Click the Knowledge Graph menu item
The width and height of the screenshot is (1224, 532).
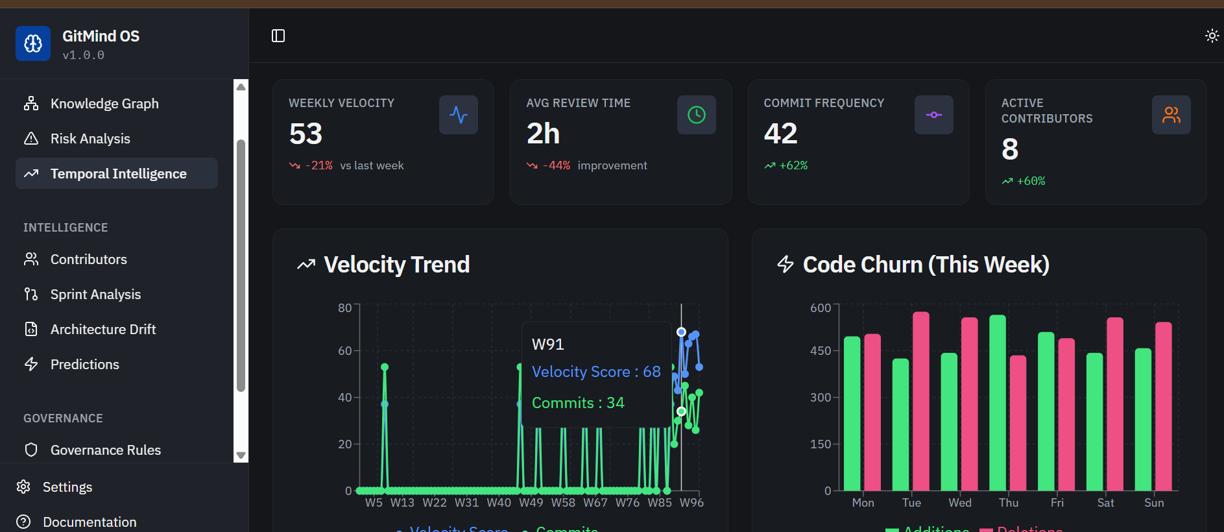(x=104, y=104)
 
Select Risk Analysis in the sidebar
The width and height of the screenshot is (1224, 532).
(x=90, y=139)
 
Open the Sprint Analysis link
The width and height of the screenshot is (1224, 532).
(x=95, y=295)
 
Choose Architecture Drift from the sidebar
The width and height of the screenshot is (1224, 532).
(x=103, y=330)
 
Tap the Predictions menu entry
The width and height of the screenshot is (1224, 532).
(x=84, y=365)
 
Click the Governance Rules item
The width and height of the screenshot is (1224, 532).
(x=105, y=450)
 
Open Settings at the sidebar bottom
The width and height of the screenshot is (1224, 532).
(x=67, y=487)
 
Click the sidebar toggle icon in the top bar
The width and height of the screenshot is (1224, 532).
(x=278, y=36)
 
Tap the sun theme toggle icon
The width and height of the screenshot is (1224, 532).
(x=1211, y=36)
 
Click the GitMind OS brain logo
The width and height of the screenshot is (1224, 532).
(x=33, y=43)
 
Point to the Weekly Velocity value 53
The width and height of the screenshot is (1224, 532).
(x=306, y=134)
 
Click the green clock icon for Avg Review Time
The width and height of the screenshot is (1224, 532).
(x=696, y=115)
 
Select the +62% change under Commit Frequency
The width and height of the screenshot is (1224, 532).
(x=793, y=165)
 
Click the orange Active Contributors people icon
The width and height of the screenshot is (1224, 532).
(x=1171, y=115)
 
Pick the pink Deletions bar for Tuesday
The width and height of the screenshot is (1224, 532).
(x=920, y=401)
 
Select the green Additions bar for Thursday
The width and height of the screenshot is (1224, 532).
(x=997, y=402)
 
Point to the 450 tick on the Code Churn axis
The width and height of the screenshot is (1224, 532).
(x=820, y=351)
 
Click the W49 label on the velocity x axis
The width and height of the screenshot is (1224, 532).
(x=531, y=503)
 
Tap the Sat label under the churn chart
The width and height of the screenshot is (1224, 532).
(x=1105, y=503)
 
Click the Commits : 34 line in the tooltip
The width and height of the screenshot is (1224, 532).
(x=578, y=403)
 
